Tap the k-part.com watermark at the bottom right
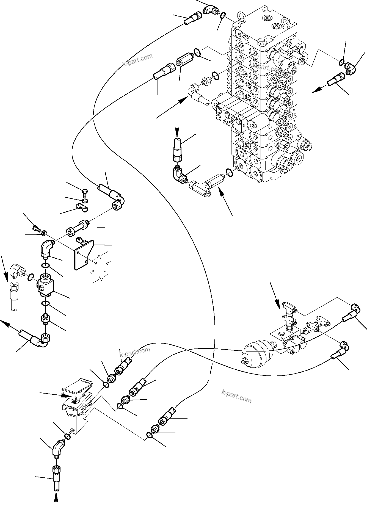click(x=236, y=397)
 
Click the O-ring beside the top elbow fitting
click(x=223, y=15)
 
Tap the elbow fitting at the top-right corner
click(x=350, y=67)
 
